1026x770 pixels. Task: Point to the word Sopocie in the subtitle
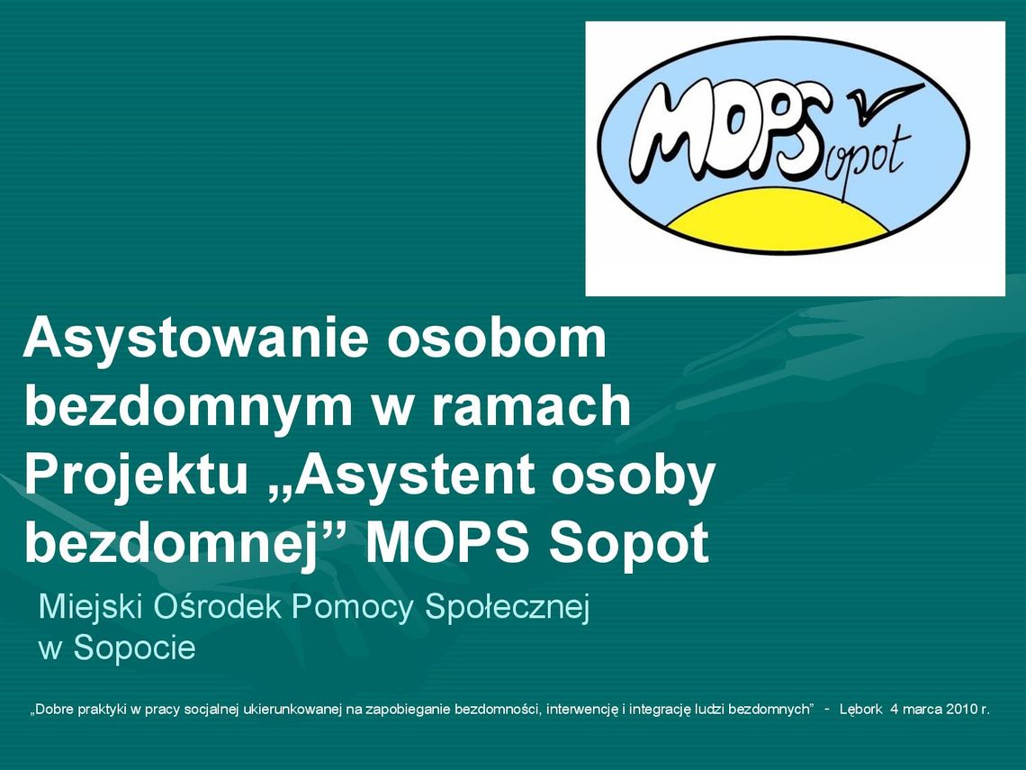[x=134, y=648]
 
